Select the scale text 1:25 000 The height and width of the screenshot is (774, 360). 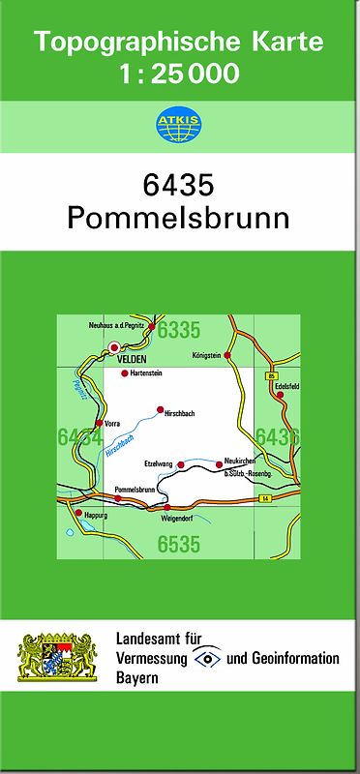(x=179, y=74)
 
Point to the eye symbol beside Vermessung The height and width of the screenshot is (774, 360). (x=207, y=658)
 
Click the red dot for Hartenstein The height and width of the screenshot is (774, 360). (x=124, y=373)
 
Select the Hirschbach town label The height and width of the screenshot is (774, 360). (x=181, y=414)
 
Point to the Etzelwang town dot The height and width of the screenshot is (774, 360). (x=180, y=464)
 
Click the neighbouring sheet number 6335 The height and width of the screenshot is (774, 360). (x=178, y=331)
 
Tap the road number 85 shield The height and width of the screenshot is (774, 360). (x=273, y=375)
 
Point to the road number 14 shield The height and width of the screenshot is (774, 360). (x=262, y=498)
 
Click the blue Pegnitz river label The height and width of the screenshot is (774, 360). (x=81, y=390)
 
